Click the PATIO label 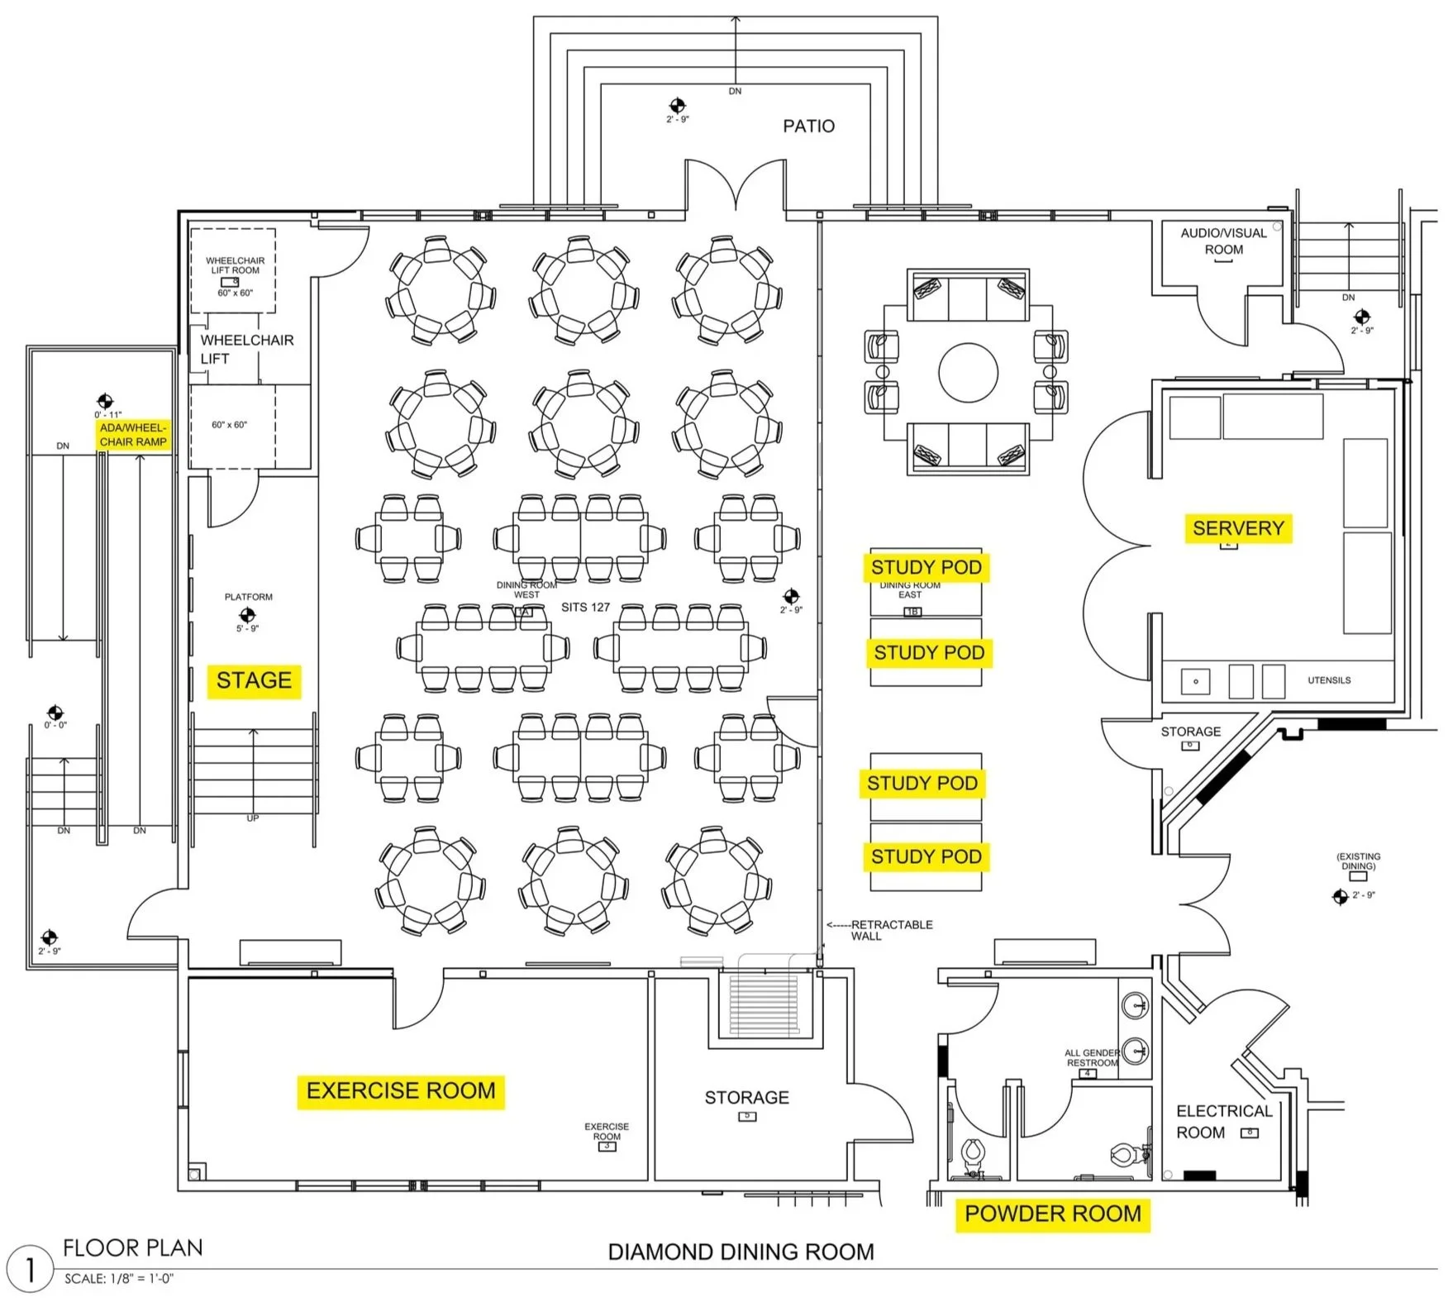pyautogui.click(x=808, y=126)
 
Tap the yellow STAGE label pyautogui.click(x=254, y=680)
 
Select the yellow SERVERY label pyautogui.click(x=1237, y=528)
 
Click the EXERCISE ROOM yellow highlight pyautogui.click(x=401, y=1090)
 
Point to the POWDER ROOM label pyautogui.click(x=1052, y=1214)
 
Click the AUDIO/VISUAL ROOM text pyautogui.click(x=1223, y=241)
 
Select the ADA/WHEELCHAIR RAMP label pyautogui.click(x=133, y=435)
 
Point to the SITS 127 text pyautogui.click(x=585, y=608)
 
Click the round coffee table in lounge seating pyautogui.click(x=968, y=373)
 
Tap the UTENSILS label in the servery pyautogui.click(x=1329, y=680)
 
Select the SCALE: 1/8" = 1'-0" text pyautogui.click(x=119, y=1279)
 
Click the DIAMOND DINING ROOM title pyautogui.click(x=741, y=1252)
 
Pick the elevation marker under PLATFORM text pyautogui.click(x=246, y=615)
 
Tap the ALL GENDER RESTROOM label pyautogui.click(x=1092, y=1058)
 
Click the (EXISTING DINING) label pyautogui.click(x=1358, y=861)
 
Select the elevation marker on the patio pyautogui.click(x=677, y=105)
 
